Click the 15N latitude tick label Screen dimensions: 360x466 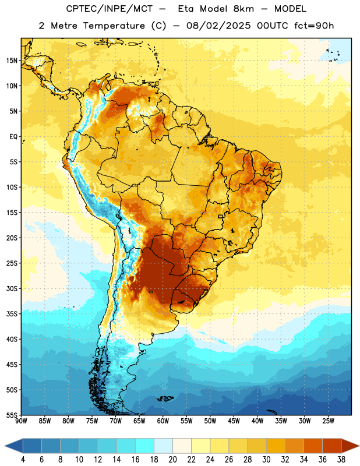(x=12, y=61)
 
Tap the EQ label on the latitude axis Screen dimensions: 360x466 (x=13, y=137)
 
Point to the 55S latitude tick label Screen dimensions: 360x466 (x=12, y=415)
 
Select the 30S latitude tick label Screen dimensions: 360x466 (x=12, y=288)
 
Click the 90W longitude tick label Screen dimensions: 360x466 (x=21, y=421)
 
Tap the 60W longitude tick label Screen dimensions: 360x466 (x=163, y=421)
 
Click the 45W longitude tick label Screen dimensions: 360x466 (x=234, y=421)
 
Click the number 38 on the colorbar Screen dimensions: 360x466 (x=341, y=460)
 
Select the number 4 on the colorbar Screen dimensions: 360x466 (x=23, y=460)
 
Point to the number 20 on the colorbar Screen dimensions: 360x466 (x=172, y=460)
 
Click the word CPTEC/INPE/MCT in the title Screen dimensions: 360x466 (x=109, y=9)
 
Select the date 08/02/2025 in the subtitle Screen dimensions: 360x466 (x=218, y=26)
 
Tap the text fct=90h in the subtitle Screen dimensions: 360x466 (x=314, y=26)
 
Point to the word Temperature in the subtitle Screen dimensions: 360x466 (x=114, y=26)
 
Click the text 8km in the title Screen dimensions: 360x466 (x=243, y=9)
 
